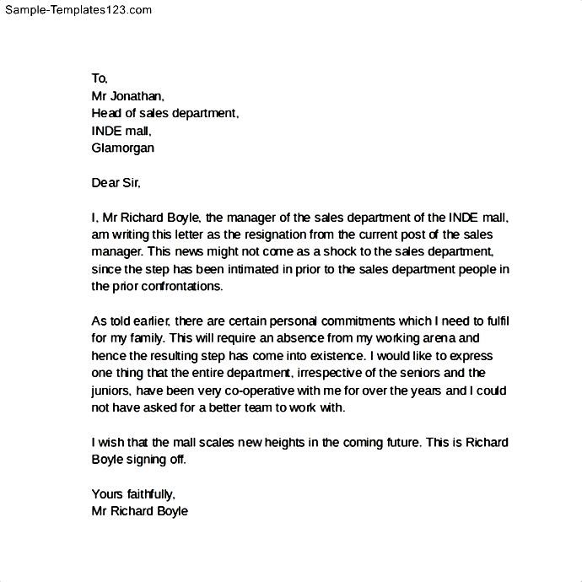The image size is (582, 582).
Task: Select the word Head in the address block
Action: (x=105, y=113)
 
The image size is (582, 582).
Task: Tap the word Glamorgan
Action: (x=122, y=148)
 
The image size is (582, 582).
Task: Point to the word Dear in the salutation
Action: (x=105, y=182)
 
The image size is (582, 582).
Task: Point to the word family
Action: (x=148, y=338)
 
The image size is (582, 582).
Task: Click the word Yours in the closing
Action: (x=106, y=494)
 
